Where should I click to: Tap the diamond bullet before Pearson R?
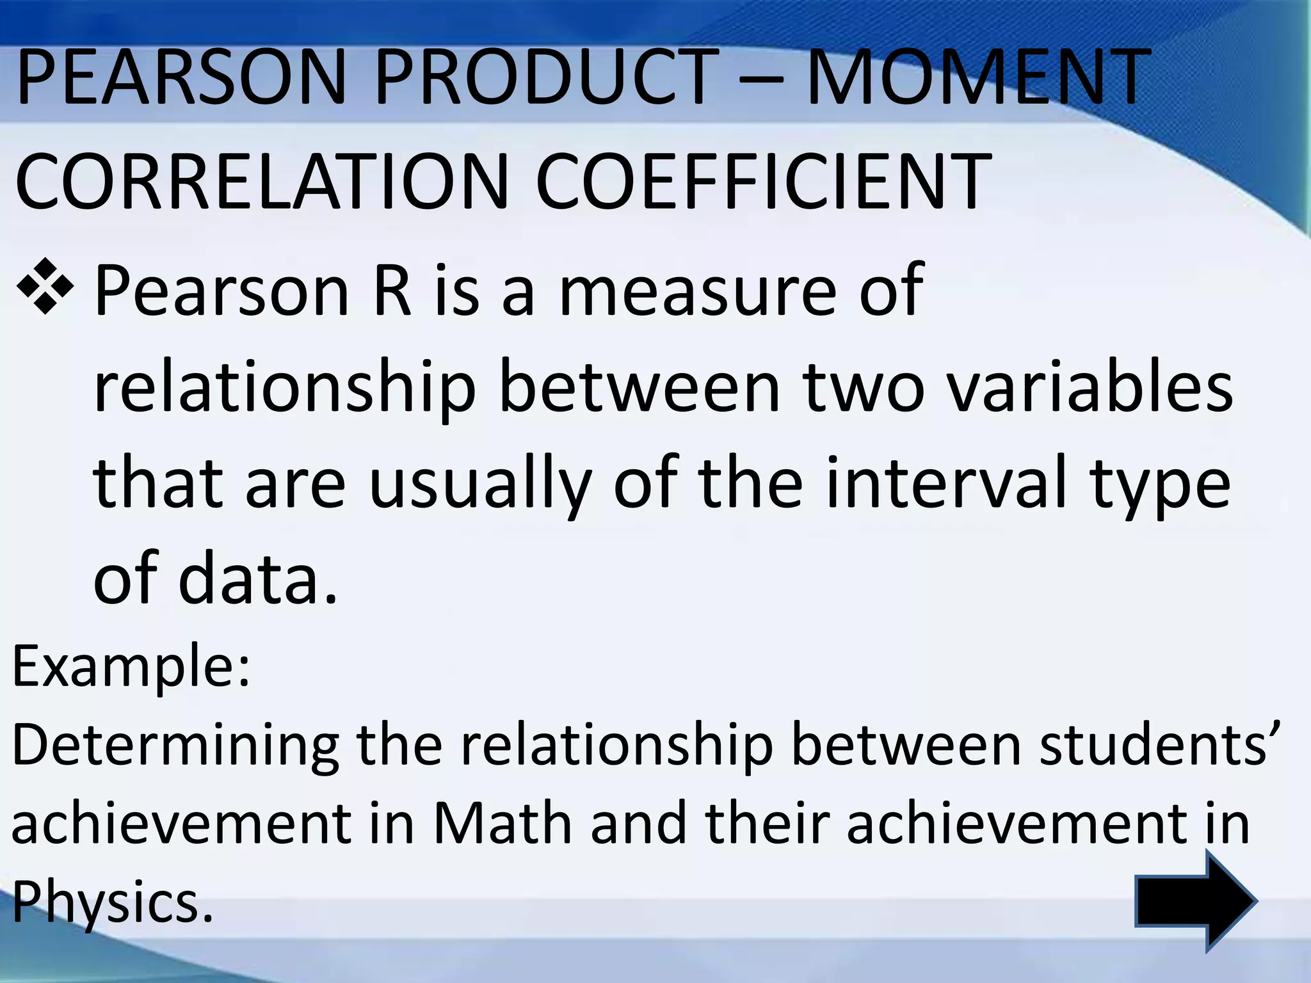tap(44, 289)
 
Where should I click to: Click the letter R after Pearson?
tap(392, 291)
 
